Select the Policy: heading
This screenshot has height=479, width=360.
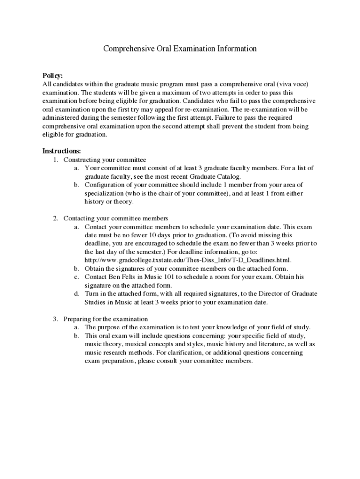[53, 76]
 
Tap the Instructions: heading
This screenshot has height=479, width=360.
[62, 151]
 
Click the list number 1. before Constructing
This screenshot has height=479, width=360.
[55, 160]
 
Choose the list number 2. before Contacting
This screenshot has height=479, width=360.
[55, 218]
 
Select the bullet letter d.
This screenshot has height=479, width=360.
[76, 294]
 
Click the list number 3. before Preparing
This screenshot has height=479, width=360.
[55, 319]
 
